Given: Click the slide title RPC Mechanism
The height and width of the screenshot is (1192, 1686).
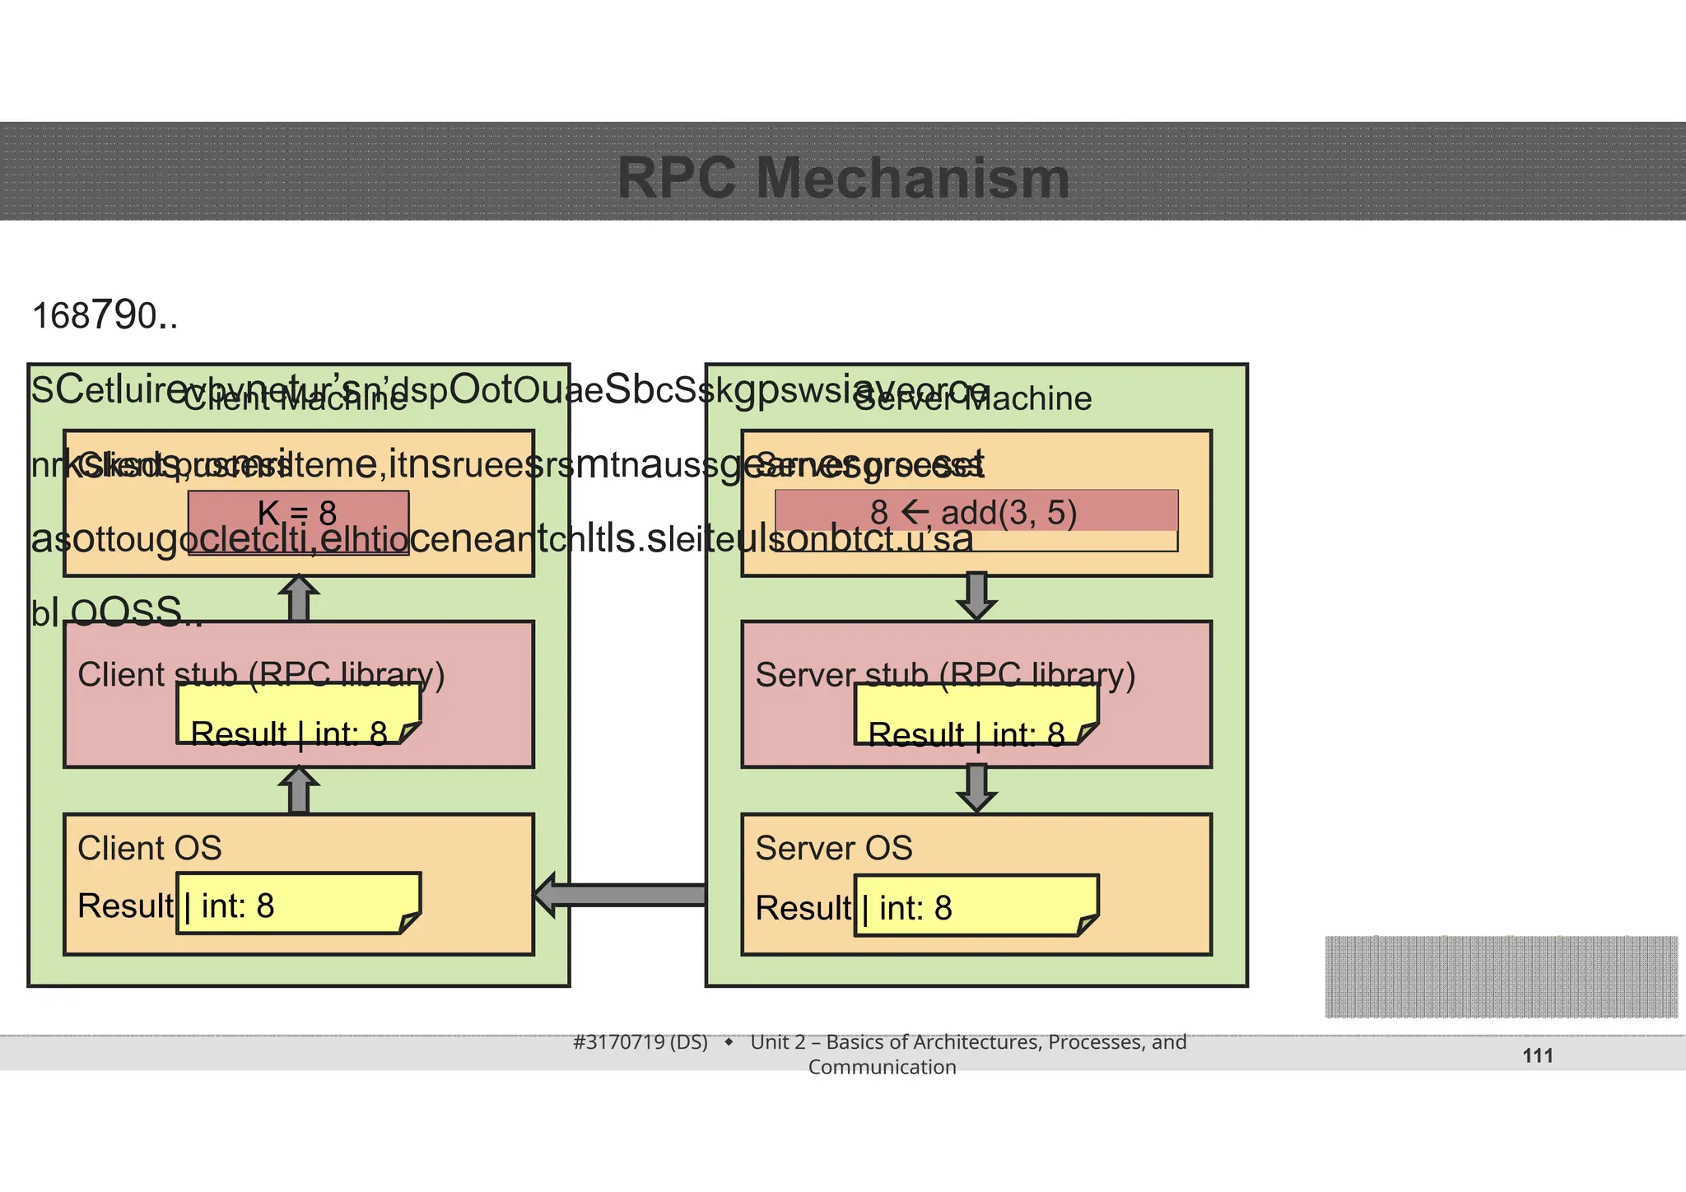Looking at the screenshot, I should tap(843, 178).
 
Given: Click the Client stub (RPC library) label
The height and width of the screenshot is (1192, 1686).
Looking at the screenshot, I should tap(261, 674).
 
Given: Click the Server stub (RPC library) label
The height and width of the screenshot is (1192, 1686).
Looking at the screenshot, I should tap(945, 674).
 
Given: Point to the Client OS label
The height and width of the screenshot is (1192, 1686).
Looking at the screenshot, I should tap(150, 848).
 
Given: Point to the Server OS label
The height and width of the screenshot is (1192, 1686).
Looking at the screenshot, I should tap(834, 848).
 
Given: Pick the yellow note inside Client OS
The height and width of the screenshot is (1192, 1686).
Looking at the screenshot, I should tap(298, 904).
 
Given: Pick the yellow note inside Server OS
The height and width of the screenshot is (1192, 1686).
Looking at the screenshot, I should tap(976, 906).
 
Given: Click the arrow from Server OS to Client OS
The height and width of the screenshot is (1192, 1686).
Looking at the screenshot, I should tap(621, 895).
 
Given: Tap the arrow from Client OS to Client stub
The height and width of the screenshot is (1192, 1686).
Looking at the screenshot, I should tap(299, 791).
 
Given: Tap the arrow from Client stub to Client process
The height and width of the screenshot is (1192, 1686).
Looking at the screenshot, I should tap(299, 598).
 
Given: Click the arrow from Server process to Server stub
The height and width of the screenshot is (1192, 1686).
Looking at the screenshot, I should tap(976, 597).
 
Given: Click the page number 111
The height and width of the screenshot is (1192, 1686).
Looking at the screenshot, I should tap(1537, 1055).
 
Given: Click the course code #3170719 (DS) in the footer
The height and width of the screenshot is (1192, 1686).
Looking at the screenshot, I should tap(640, 1042).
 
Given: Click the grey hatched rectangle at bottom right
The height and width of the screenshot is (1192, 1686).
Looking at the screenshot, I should tap(1501, 976).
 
